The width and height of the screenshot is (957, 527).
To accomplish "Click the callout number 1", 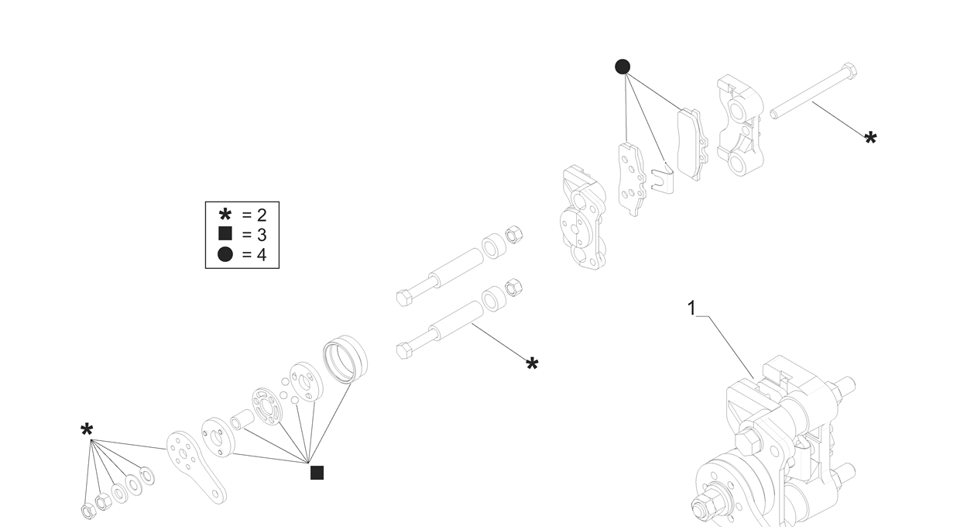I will click(691, 308).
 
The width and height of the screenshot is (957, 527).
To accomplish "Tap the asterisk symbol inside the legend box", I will click(225, 215).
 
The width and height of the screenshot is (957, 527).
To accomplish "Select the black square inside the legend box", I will click(225, 234).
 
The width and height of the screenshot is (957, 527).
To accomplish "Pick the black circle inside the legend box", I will click(225, 254).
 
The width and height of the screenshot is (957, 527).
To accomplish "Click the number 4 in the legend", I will click(261, 254).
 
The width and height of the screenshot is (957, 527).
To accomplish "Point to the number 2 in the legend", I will click(261, 215).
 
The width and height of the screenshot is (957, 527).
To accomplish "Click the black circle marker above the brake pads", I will click(623, 67).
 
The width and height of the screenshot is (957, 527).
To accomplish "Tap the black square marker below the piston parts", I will click(317, 473).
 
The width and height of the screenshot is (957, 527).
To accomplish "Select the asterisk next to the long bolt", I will click(870, 139).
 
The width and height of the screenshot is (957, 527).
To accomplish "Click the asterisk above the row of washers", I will click(87, 430).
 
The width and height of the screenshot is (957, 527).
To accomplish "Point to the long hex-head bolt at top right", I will click(813, 91).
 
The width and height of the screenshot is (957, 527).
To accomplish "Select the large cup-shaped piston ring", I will click(345, 359).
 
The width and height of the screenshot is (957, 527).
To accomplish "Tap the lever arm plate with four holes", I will click(196, 465).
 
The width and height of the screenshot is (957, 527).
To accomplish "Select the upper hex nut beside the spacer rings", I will click(513, 234).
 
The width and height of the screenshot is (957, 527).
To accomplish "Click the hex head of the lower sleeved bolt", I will click(403, 351).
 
